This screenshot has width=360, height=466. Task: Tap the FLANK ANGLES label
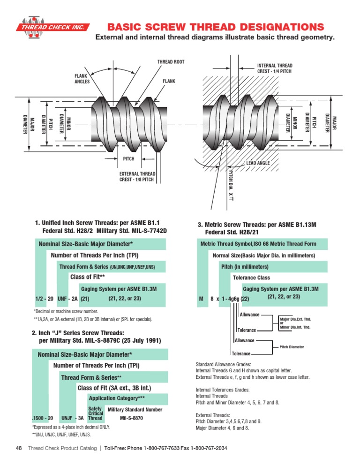82,78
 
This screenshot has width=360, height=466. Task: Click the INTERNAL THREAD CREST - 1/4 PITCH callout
275,68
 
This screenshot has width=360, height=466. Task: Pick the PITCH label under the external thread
128,159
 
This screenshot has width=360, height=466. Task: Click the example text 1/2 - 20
45,298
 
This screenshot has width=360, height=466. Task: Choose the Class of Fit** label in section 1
87,277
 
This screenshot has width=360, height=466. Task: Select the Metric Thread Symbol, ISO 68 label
258,244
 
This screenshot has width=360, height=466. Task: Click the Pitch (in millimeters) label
245,267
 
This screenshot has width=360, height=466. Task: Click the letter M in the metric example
201,298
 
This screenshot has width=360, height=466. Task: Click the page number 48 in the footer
19,449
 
